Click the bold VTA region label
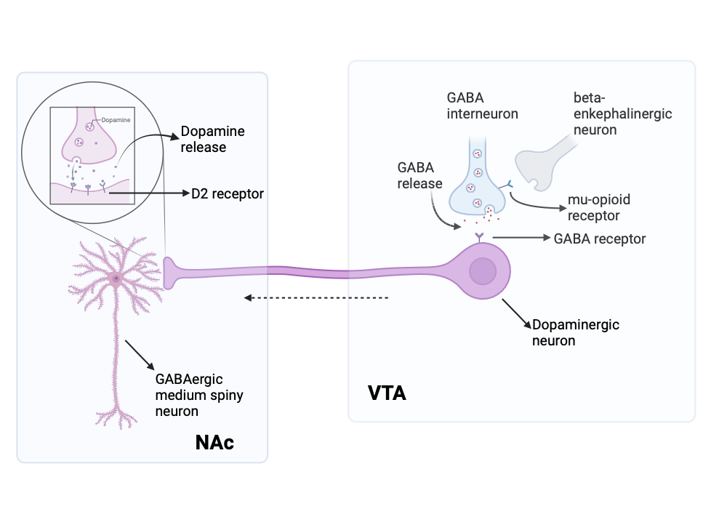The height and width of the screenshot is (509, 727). tap(387, 393)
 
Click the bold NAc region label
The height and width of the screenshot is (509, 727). tap(214, 442)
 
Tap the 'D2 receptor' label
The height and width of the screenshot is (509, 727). tap(227, 194)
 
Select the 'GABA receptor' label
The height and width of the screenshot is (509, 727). tap(599, 238)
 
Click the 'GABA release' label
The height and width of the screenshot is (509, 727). tap(419, 175)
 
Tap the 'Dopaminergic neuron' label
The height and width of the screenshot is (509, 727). tap(575, 332)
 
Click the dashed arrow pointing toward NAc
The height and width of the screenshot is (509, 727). tap(316, 297)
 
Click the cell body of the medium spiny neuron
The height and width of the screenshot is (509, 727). tap(115, 278)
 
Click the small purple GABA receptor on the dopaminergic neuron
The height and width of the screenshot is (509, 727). tap(478, 236)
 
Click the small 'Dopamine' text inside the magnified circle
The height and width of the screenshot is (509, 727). tap(107, 121)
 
